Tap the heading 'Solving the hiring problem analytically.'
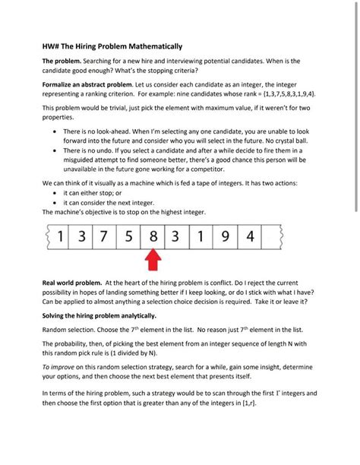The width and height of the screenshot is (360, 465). point(99,315)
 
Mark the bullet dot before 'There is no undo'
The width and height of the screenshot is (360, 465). point(55,151)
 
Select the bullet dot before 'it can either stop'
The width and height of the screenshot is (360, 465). point(55,193)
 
